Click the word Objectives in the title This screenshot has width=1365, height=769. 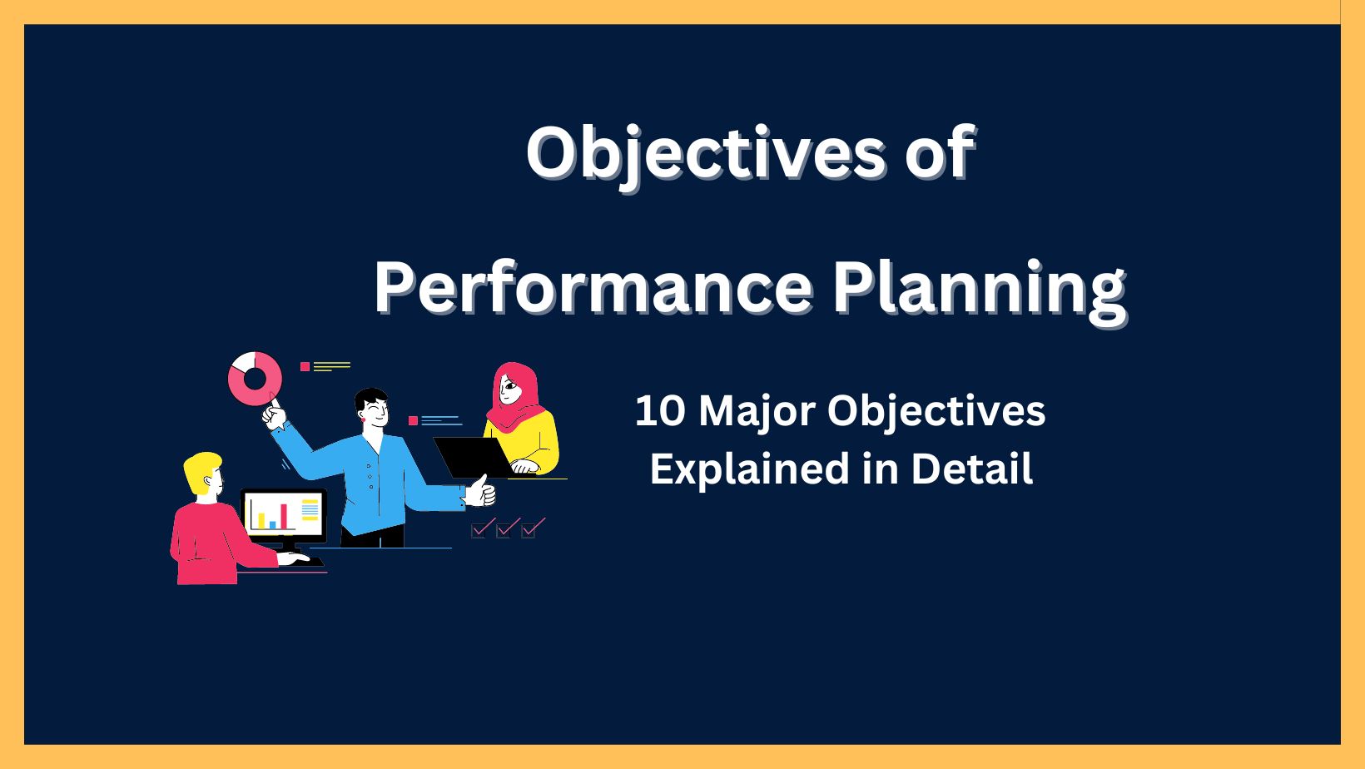pos(706,152)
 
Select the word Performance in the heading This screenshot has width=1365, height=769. pos(593,286)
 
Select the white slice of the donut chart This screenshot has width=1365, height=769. pos(243,363)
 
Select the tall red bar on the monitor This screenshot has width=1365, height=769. pos(284,516)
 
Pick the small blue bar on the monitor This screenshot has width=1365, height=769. pos(272,524)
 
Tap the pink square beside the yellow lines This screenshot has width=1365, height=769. pos(305,366)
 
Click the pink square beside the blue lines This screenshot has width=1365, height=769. pos(413,421)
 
